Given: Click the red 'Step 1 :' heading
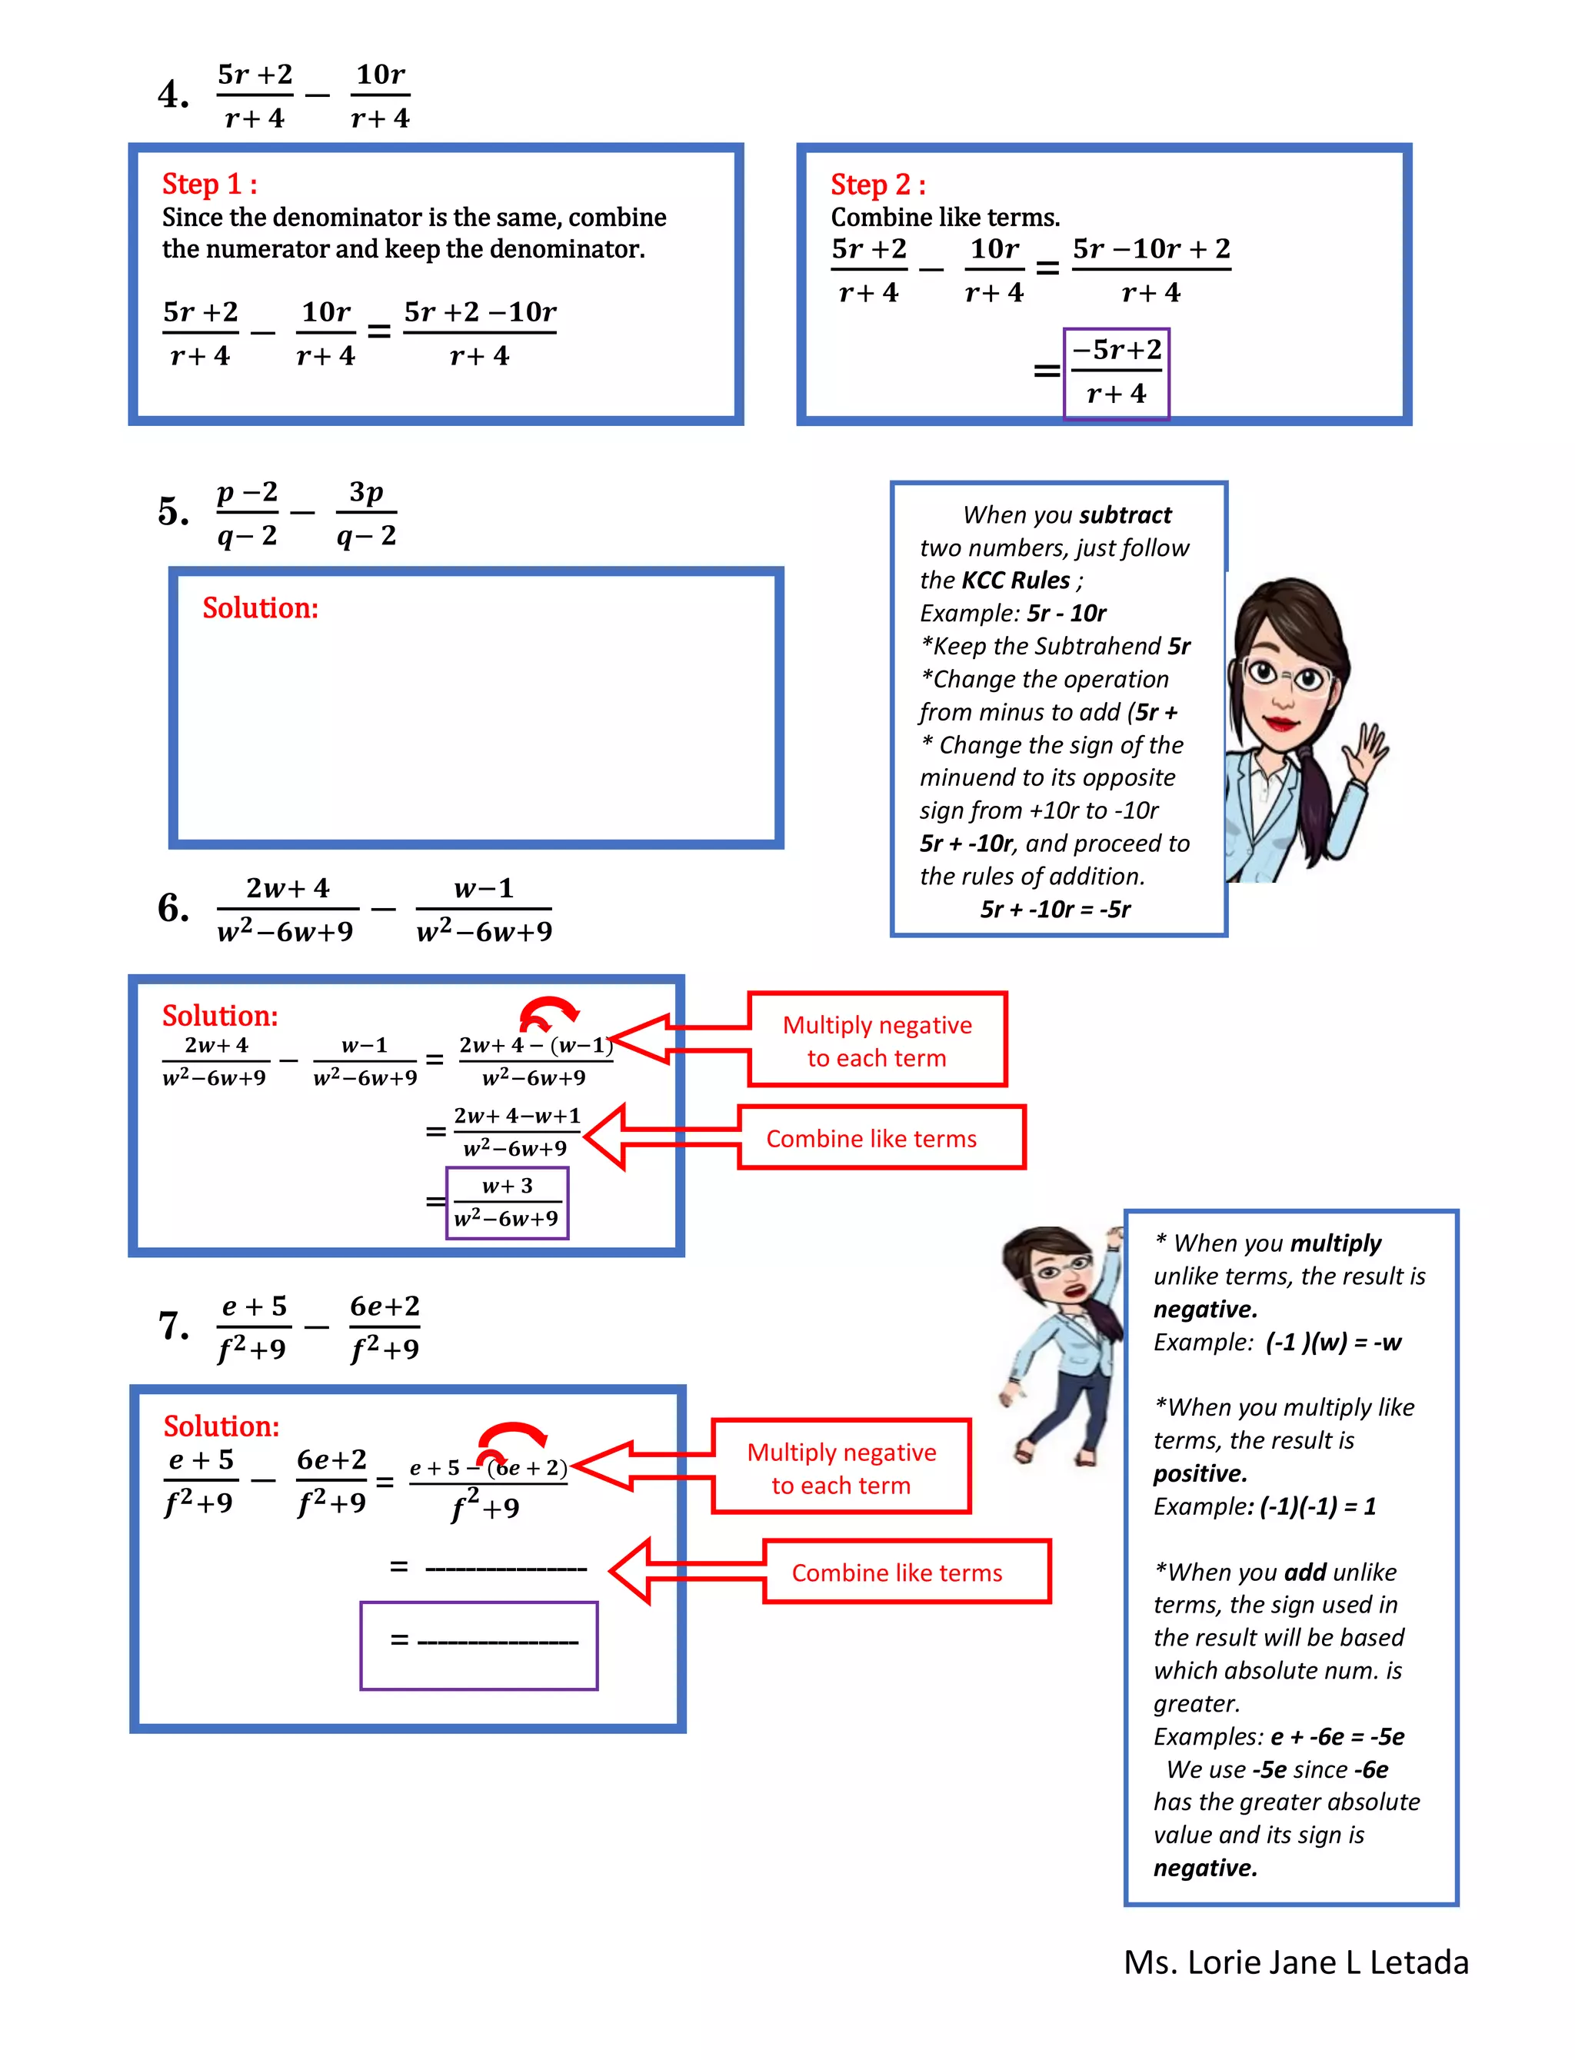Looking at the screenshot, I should tap(209, 184).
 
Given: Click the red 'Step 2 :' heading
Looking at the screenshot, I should tap(877, 185).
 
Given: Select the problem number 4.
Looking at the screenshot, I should tap(174, 95).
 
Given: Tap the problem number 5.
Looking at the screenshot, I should tap(174, 511).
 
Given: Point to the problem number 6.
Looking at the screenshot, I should tap(174, 907).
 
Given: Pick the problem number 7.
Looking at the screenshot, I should tap(174, 1326).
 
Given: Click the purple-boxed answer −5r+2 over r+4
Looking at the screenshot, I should tap(1116, 372).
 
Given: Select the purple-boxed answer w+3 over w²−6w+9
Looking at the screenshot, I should tap(508, 1203).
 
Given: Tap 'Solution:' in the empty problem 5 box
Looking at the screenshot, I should tap(261, 608).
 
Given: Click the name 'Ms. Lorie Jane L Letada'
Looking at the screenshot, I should tap(1296, 1962).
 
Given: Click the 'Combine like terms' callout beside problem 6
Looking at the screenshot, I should tap(881, 1138).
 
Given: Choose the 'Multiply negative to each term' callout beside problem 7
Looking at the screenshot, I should tap(841, 1468).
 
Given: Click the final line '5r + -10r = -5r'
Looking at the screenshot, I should tap(1056, 909).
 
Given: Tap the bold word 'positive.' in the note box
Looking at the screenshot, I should tap(1200, 1473).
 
